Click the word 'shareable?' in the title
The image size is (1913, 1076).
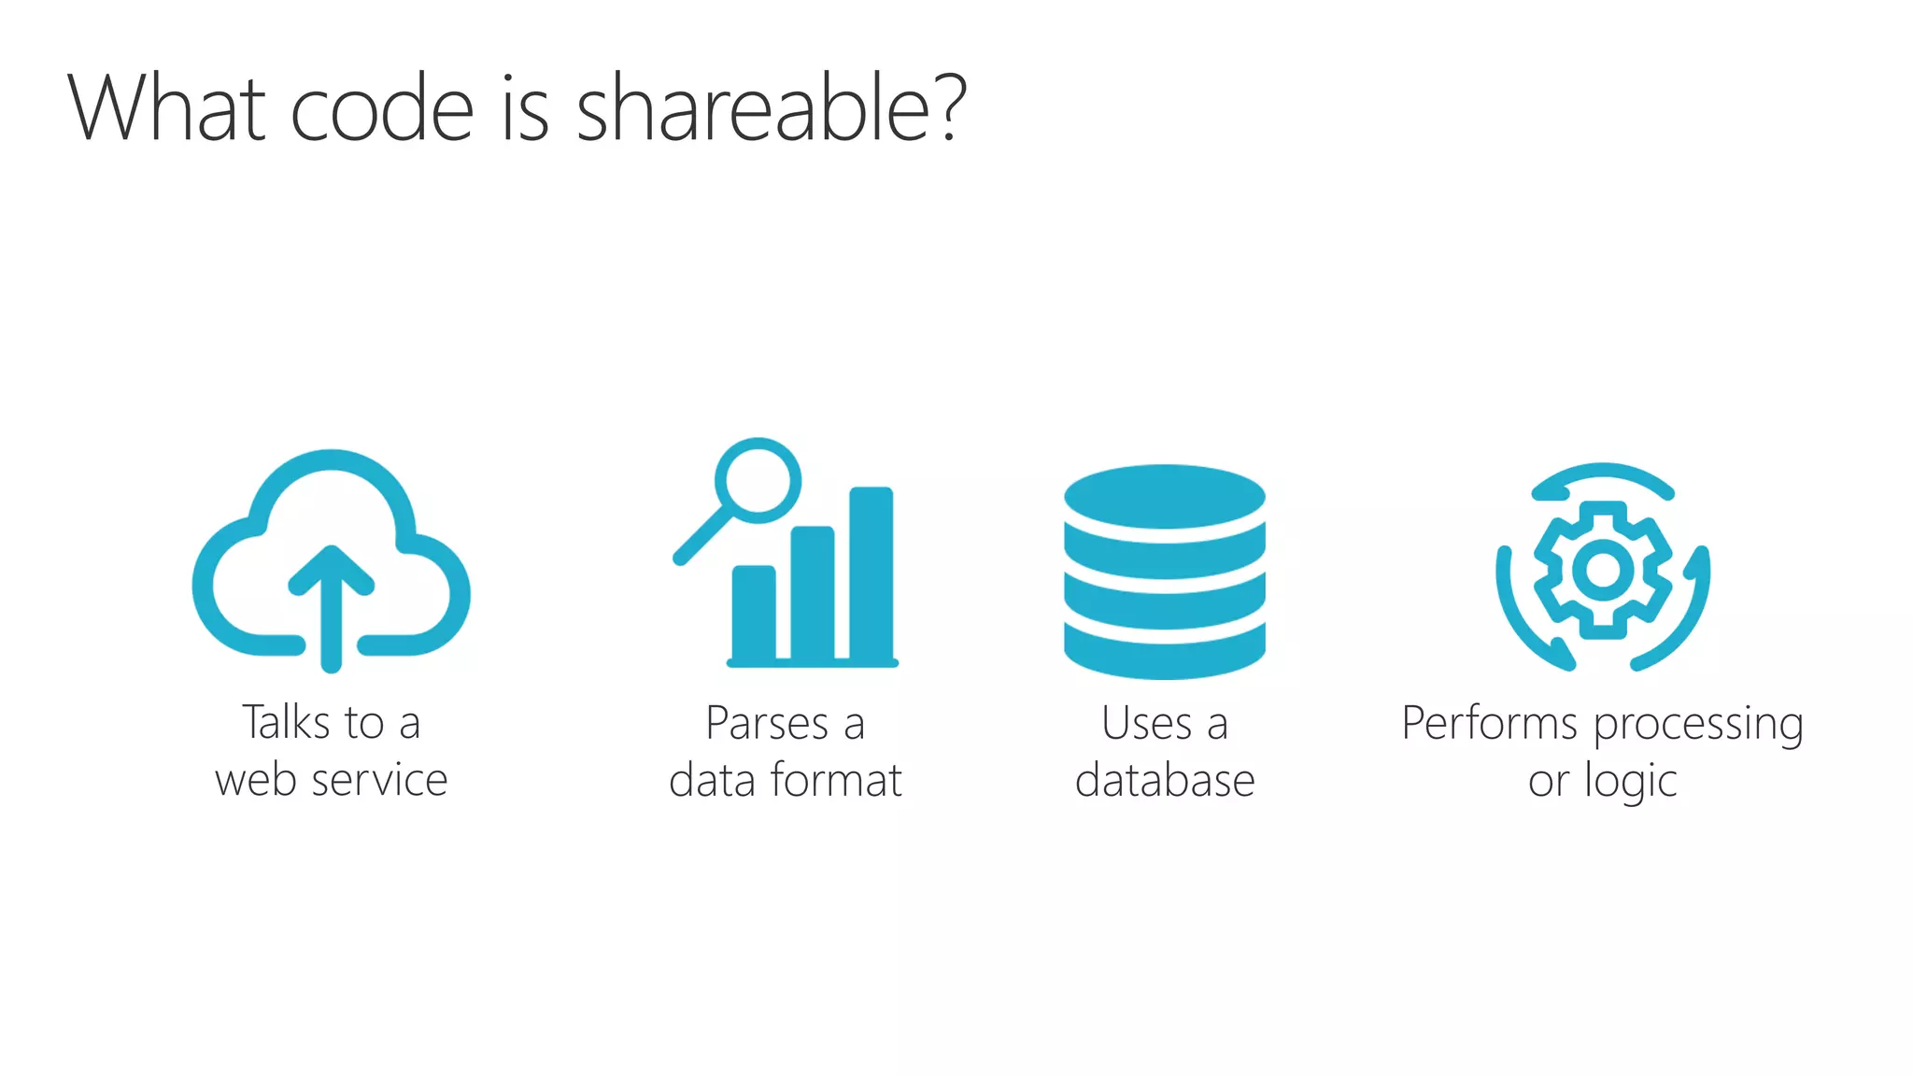771,110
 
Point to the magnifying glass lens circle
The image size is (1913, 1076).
758,482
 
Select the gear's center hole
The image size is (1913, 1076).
1603,570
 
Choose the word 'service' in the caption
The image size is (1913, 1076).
379,780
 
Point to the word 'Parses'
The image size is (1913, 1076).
766,723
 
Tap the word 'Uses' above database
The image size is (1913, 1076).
1146,723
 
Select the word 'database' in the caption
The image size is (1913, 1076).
1165,780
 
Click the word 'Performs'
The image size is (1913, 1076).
1489,723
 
